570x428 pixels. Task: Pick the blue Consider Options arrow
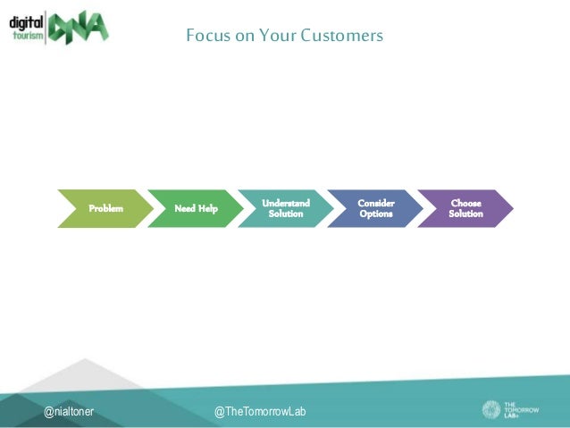tap(375, 208)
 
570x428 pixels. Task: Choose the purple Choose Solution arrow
tap(465, 208)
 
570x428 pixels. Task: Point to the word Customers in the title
tap(341, 36)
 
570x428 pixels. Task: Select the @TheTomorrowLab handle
tap(260, 411)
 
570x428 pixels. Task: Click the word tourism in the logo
tap(28, 36)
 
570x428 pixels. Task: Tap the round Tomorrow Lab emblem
tap(493, 409)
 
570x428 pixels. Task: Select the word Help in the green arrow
tap(207, 208)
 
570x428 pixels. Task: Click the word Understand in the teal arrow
tap(286, 204)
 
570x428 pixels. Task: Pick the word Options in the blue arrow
tap(375, 214)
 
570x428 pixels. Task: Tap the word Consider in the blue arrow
tap(375, 204)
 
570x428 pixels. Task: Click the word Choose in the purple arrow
tap(465, 204)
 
